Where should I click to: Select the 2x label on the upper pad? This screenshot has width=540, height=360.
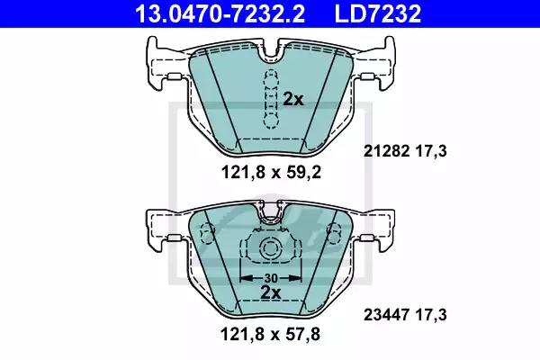[x=293, y=100]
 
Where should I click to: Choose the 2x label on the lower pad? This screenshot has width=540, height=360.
[x=269, y=294]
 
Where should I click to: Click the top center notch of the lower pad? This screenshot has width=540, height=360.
[x=268, y=212]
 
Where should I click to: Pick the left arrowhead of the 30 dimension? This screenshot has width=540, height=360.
[x=243, y=278]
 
